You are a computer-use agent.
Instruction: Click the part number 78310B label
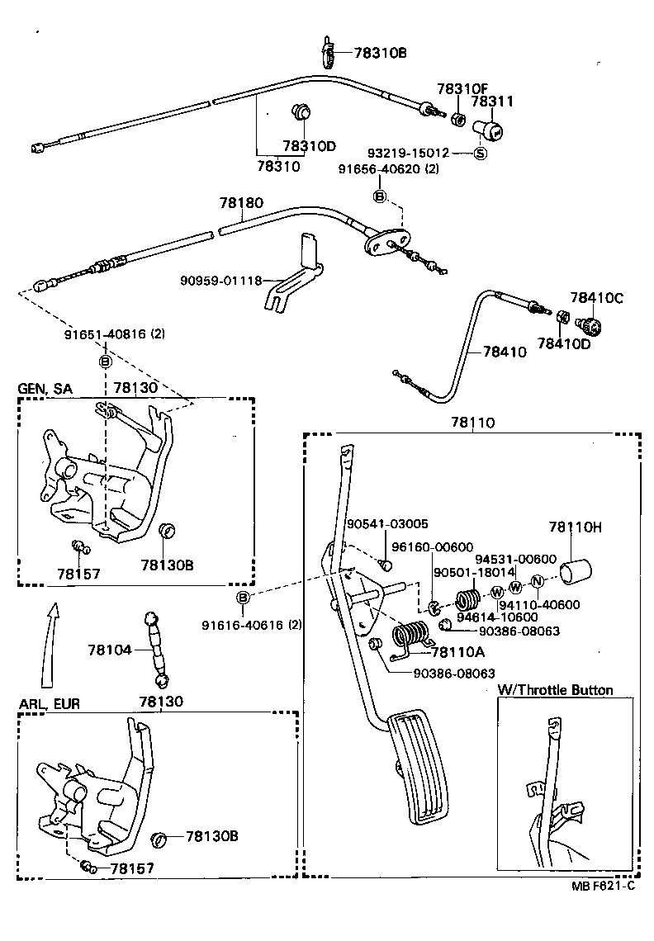tap(380, 54)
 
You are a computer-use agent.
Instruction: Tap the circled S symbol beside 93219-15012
tap(481, 154)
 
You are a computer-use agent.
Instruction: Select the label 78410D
tap(564, 343)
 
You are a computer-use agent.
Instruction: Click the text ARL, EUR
tap(49, 703)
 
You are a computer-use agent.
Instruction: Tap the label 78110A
tap(457, 652)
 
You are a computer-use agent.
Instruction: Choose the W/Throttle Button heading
tap(555, 689)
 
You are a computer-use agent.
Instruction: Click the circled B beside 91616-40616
tap(242, 598)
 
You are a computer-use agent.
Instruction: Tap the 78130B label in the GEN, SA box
tap(167, 565)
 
